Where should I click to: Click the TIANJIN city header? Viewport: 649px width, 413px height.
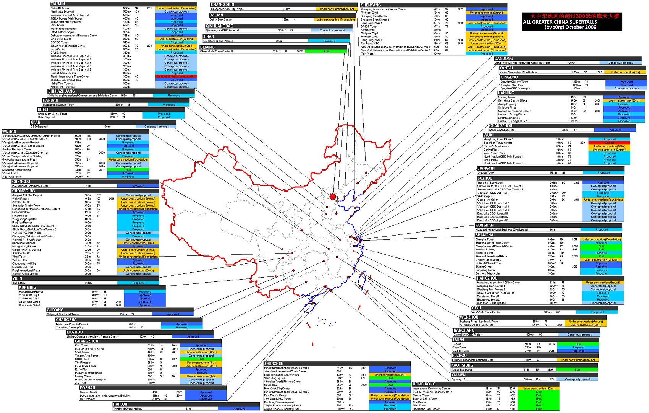(58, 4)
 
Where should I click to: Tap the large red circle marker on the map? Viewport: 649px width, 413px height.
(333, 197)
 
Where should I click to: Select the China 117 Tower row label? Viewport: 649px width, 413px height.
(60, 8)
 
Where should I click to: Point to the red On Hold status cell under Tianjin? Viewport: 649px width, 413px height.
(176, 76)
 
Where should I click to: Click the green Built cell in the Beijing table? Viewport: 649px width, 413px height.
(326, 51)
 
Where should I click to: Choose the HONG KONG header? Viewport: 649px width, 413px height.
(424, 384)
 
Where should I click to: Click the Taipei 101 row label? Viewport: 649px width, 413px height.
(458, 344)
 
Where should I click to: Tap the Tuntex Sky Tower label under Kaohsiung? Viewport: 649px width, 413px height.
(462, 370)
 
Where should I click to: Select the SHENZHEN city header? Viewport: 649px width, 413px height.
(274, 364)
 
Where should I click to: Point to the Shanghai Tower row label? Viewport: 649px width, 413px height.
(485, 239)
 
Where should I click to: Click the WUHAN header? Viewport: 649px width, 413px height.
(9, 132)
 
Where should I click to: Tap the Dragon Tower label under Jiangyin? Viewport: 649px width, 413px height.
(486, 173)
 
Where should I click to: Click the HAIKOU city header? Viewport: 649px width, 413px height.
(120, 404)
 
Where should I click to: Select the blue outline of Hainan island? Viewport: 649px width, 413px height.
(309, 308)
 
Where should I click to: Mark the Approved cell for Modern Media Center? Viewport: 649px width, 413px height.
(615, 130)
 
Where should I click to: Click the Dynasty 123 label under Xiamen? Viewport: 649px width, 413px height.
(458, 379)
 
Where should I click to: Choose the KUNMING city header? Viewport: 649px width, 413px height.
(28, 287)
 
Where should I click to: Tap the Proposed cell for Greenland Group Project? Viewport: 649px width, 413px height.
(329, 41)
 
